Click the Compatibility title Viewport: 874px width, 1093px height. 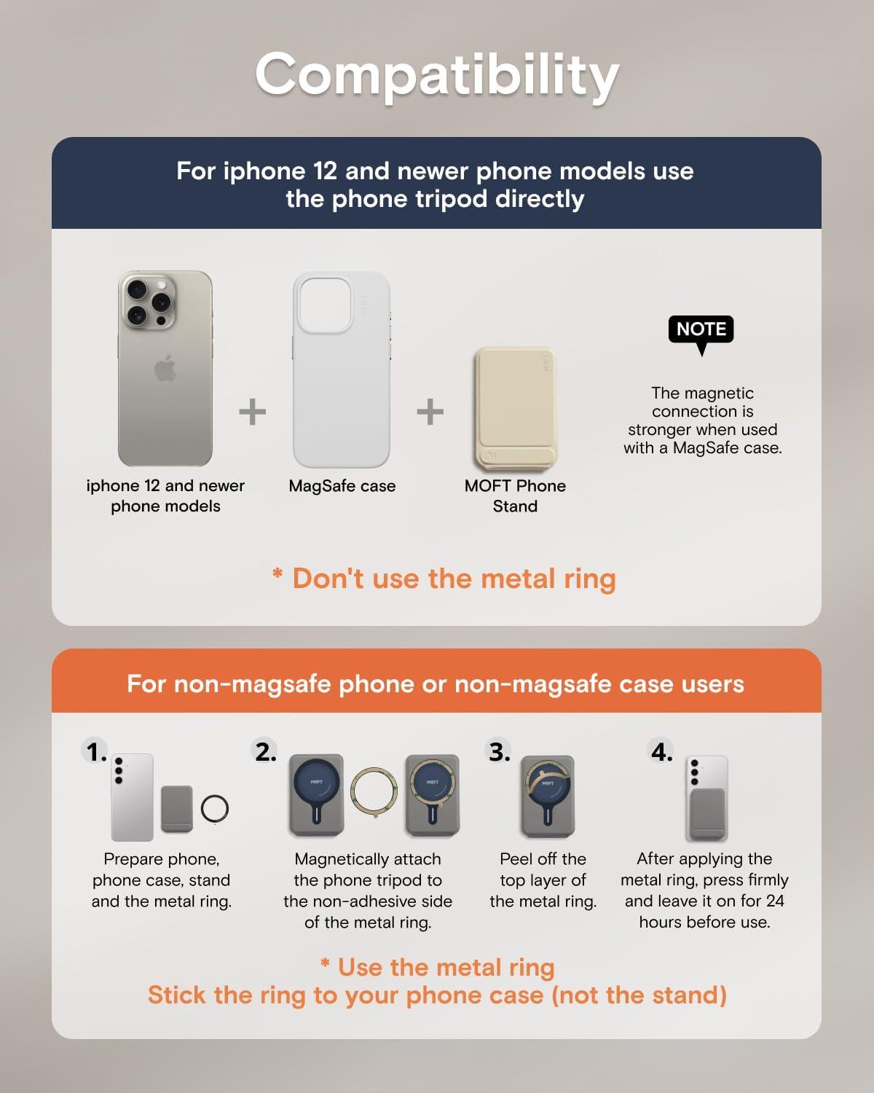437,77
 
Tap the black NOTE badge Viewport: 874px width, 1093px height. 701,330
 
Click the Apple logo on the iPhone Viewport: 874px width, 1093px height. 165,368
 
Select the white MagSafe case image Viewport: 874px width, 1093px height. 342,369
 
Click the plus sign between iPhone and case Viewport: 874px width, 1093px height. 253,412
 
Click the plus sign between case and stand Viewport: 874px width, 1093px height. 430,412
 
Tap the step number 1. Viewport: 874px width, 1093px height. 95,751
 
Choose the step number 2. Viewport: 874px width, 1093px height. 265,751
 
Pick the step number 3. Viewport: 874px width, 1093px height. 499,751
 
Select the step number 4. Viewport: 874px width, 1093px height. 661,751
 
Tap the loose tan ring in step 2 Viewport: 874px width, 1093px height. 352,792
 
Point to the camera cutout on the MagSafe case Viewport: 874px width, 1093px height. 325,305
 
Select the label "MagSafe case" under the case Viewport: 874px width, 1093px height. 342,486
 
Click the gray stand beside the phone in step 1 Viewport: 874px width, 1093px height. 177,809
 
